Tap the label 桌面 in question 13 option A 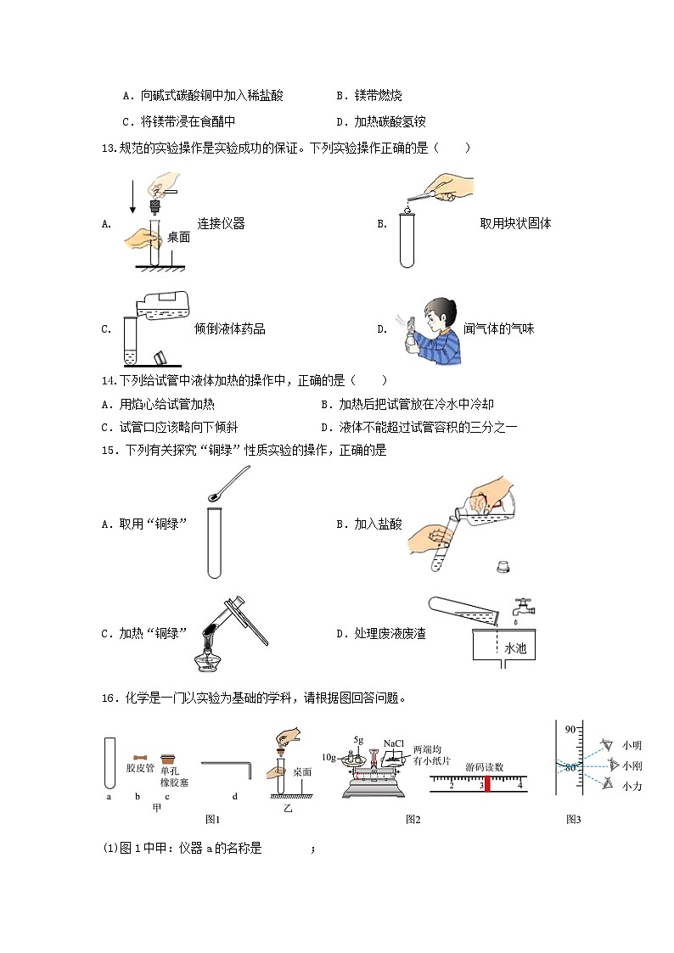click(178, 238)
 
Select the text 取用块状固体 click(515, 224)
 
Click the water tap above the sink click(524, 607)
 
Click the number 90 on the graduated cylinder click(570, 729)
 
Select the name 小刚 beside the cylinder click(632, 766)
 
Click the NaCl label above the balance click(393, 743)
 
